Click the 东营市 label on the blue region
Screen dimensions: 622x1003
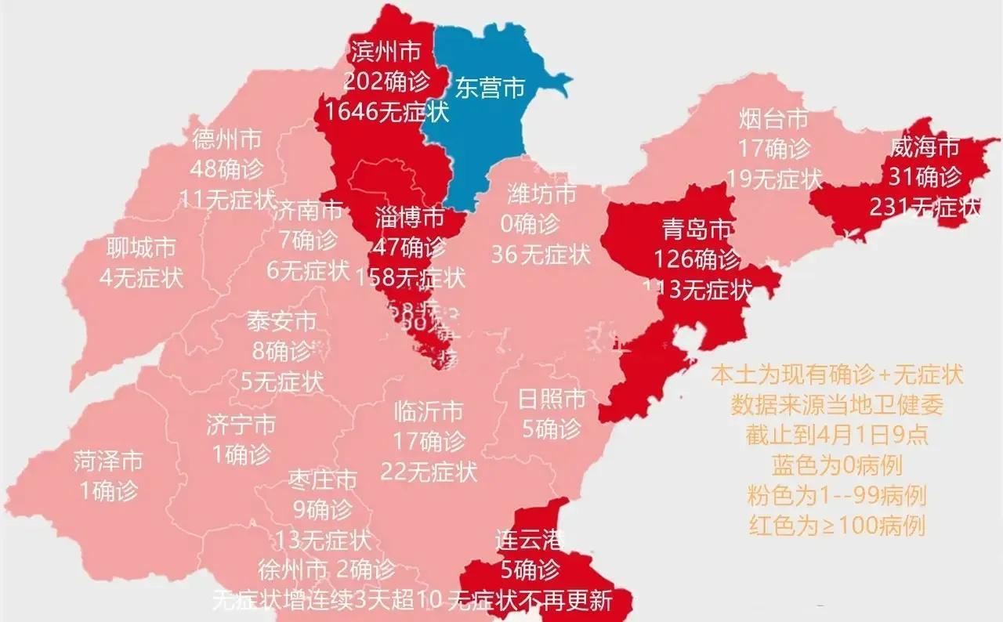491,89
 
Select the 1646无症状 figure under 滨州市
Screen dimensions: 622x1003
387,112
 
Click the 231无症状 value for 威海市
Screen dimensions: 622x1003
925,207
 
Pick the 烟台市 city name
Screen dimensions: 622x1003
773,120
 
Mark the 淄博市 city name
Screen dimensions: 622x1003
410,217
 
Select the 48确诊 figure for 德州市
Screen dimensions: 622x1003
227,169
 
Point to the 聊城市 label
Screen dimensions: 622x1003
141,248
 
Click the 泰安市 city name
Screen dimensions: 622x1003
282,321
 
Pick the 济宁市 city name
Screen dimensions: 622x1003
241,425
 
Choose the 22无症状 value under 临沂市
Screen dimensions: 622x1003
429,472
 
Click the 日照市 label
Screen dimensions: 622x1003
552,399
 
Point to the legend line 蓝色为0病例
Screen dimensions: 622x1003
837,466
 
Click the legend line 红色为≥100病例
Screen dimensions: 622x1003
837,525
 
